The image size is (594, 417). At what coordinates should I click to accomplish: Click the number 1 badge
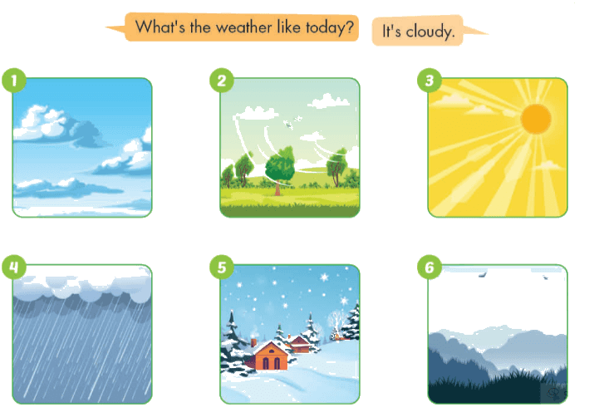(14, 81)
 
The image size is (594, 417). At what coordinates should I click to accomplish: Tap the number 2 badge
(222, 81)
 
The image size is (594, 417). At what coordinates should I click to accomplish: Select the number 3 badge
(430, 81)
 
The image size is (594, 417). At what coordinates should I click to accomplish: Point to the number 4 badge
(14, 267)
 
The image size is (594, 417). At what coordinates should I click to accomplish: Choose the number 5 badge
(222, 267)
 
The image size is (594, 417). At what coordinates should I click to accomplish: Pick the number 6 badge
(430, 267)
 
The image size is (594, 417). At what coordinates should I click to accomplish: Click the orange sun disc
(536, 119)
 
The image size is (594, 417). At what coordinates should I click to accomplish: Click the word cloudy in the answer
(430, 32)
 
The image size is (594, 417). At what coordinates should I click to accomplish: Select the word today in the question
(329, 28)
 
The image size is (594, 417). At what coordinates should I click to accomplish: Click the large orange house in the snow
(271, 356)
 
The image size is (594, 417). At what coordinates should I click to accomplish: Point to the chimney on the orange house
(253, 343)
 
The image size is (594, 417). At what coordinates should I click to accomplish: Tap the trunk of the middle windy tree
(277, 188)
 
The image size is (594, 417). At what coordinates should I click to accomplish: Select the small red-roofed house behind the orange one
(300, 345)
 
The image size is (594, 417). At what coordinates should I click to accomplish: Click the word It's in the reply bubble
(391, 31)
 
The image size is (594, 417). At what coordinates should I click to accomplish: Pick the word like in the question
(289, 27)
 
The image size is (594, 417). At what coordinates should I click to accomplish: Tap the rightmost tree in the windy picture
(336, 167)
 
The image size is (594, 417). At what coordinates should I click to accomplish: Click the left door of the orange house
(266, 364)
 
